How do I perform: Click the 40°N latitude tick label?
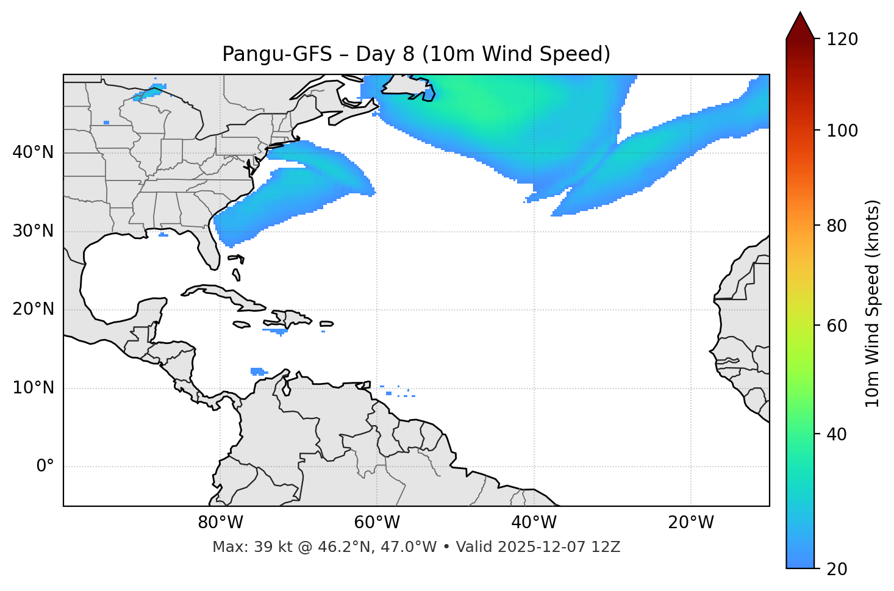(33, 152)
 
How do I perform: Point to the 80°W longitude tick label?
(220, 523)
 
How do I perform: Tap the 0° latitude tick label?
(45, 467)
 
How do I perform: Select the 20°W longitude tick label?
(691, 523)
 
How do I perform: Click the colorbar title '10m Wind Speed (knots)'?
(873, 303)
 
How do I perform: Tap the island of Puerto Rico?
(326, 324)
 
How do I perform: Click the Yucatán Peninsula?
(150, 311)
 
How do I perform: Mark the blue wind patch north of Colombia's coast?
(257, 371)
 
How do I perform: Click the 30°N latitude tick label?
(33, 231)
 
